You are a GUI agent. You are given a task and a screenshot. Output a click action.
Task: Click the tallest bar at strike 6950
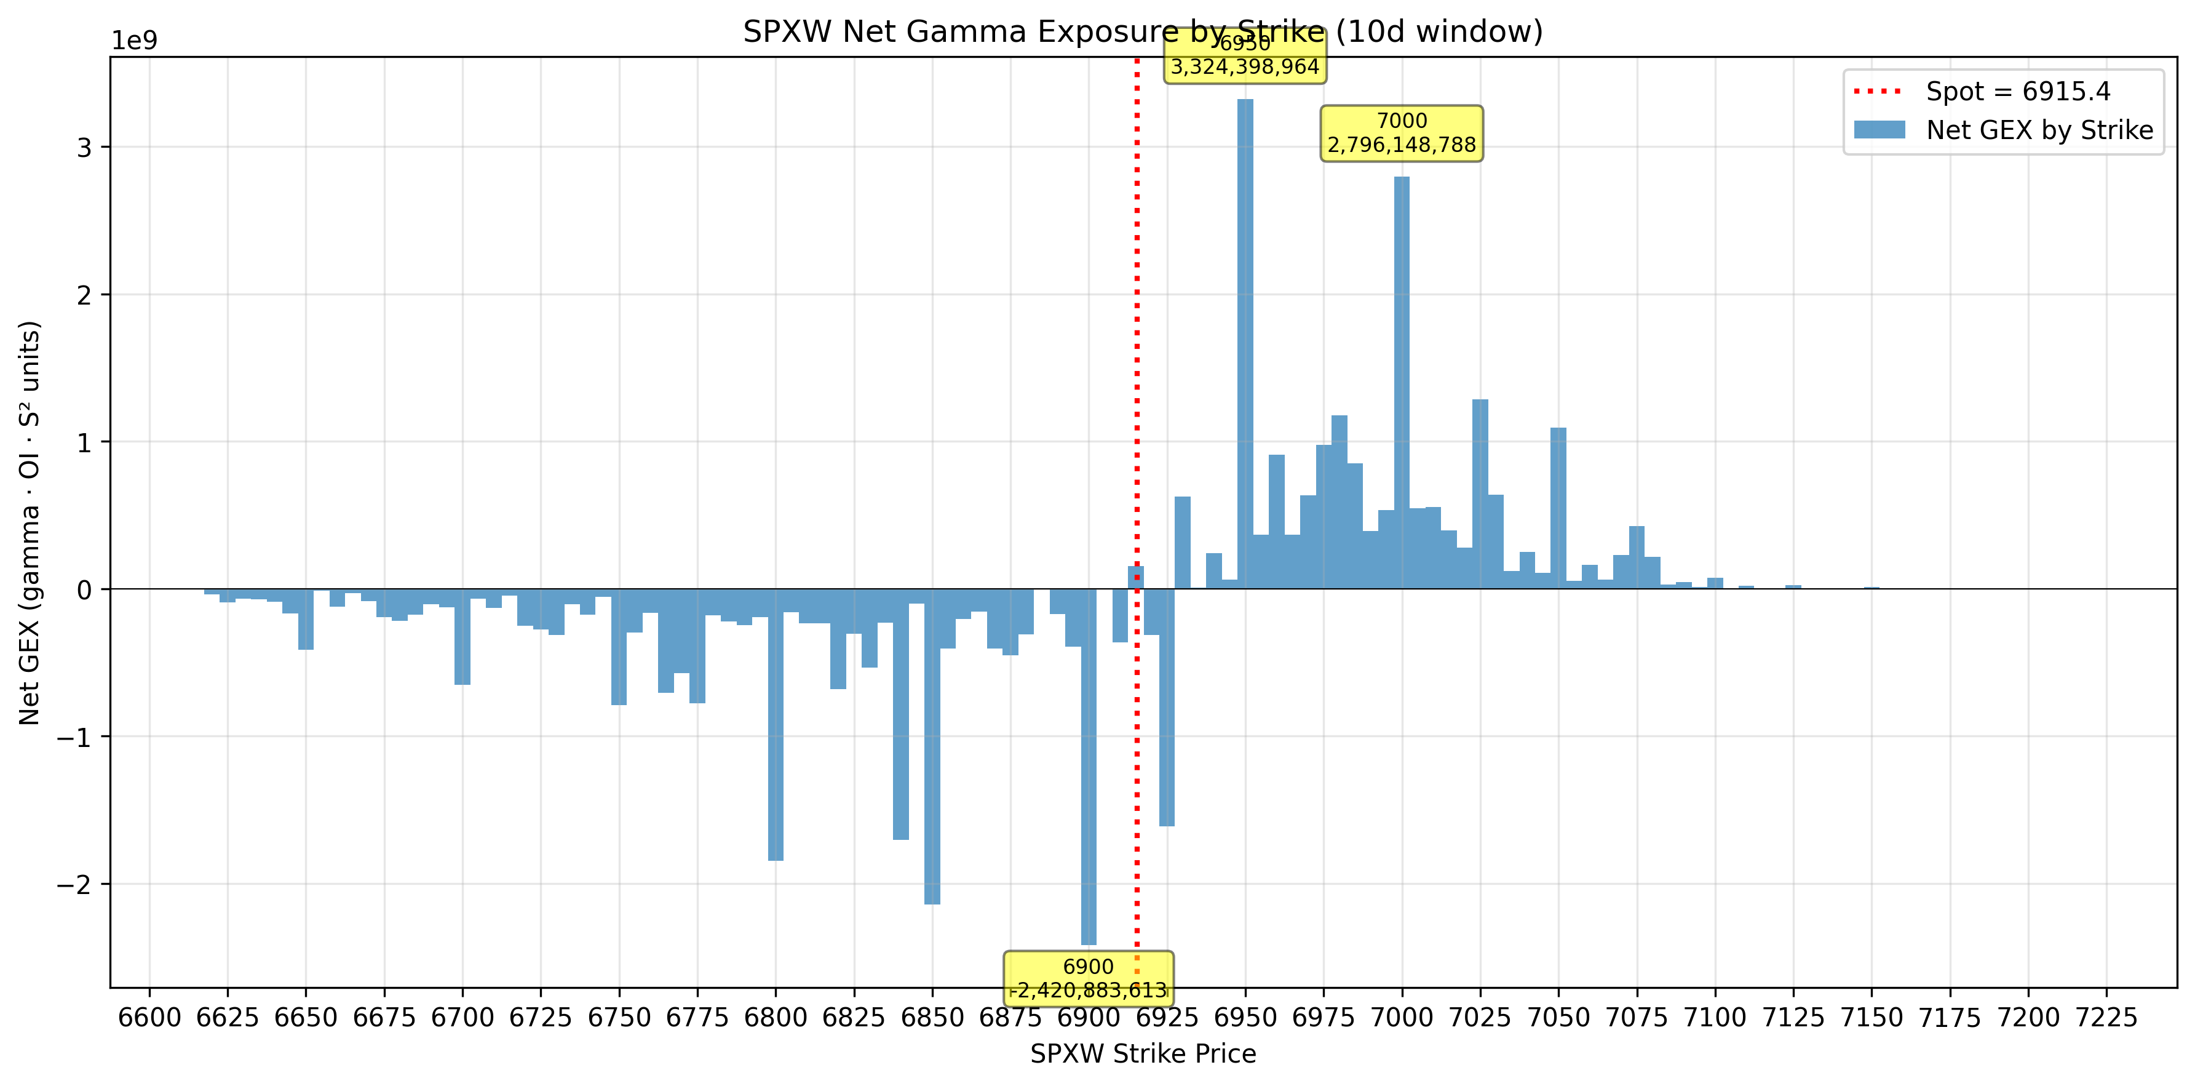coord(1245,341)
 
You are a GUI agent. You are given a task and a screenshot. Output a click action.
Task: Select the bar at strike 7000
coord(1402,383)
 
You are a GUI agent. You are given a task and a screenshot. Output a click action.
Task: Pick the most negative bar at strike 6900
coord(1088,767)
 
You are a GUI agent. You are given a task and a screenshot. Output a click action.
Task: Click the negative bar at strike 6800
coord(776,725)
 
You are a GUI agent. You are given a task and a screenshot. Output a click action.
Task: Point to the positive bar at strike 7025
coord(1480,495)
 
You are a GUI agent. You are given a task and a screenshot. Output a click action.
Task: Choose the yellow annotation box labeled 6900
coord(1088,978)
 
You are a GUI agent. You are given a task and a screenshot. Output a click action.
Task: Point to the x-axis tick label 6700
coord(462,1018)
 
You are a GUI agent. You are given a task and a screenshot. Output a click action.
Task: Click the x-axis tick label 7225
coord(2106,1018)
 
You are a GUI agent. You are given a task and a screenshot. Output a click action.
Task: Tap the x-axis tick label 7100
coord(1715,1018)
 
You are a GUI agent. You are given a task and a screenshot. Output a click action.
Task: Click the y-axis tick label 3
coord(84,148)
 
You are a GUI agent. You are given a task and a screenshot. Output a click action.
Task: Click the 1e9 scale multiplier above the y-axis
coord(135,41)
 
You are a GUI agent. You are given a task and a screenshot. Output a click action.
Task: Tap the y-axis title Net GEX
coord(30,522)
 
